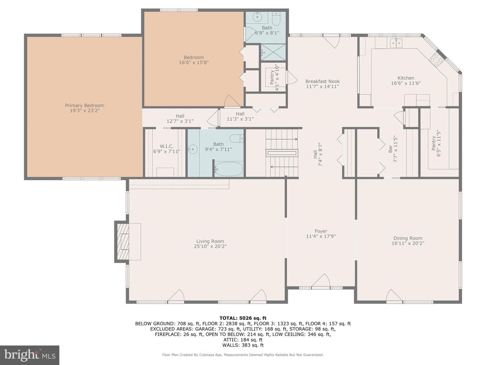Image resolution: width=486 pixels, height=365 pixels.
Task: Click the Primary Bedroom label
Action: coord(85,105)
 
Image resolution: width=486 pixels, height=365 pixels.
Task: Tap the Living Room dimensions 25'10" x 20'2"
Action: coord(210,246)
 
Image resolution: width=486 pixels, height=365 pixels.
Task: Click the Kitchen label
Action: coord(406,78)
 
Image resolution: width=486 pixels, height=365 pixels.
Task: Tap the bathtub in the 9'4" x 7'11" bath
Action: coord(228,169)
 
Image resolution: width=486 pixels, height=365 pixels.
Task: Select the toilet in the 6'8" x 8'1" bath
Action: coord(276,19)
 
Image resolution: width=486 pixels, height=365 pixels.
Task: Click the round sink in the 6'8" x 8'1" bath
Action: coord(257,17)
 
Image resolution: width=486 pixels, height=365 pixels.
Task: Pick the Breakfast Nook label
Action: coord(322,81)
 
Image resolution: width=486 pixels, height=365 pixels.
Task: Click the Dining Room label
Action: coord(408,238)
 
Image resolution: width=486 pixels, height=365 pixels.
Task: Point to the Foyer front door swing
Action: coord(321,280)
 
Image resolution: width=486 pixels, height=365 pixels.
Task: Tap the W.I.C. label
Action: coord(167,146)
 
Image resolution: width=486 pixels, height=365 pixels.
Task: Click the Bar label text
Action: coord(390,149)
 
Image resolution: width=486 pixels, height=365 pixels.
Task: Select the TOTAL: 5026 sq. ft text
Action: coord(243,318)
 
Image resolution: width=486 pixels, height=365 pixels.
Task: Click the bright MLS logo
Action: coord(30,355)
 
